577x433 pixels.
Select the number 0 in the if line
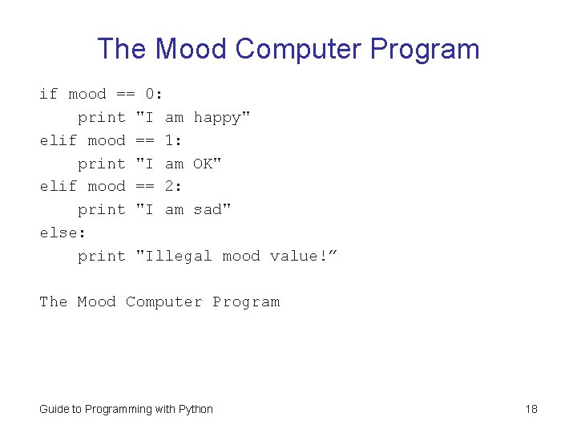pyautogui.click(x=150, y=95)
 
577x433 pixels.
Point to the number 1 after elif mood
pyautogui.click(x=170, y=141)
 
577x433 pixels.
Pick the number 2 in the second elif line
pyautogui.click(x=170, y=187)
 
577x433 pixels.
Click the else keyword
pyautogui.click(x=59, y=233)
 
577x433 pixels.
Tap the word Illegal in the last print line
pyautogui.click(x=178, y=257)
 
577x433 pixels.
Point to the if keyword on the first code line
pyautogui.click(x=49, y=95)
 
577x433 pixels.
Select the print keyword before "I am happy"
pyautogui.click(x=102, y=118)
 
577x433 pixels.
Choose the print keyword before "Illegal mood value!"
pyautogui.click(x=102, y=257)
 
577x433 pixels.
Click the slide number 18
pyautogui.click(x=531, y=410)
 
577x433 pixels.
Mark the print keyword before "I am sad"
pyautogui.click(x=102, y=210)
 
